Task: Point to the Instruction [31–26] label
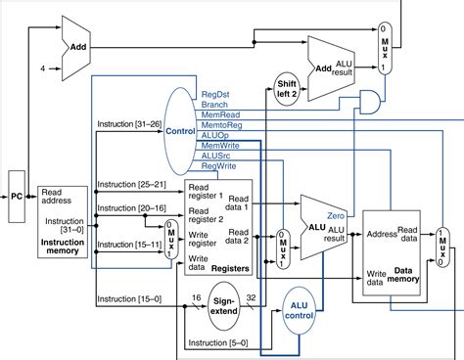128,125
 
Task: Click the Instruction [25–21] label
128,182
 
